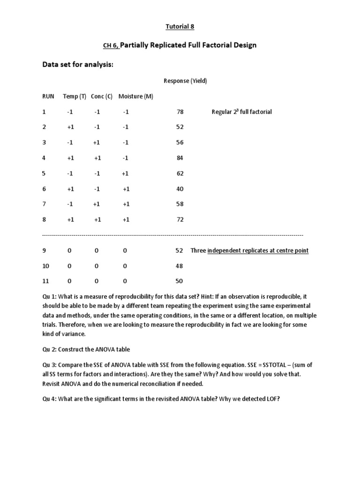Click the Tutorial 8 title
[x=180, y=27]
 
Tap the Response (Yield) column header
[x=185, y=81]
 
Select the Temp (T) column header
[x=75, y=97]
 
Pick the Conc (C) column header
[x=102, y=97]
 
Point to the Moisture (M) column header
[x=136, y=97]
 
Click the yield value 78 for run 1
[x=180, y=112]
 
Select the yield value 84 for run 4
[x=180, y=158]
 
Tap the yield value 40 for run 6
[x=180, y=189]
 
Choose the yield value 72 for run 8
[x=180, y=219]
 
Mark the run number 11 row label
[x=45, y=281]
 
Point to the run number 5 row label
[x=44, y=173]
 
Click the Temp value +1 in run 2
[x=70, y=127]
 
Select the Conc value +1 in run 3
[x=97, y=142]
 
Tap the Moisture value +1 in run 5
[x=126, y=173]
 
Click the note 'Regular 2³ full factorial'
[x=241, y=112]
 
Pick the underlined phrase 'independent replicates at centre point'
[x=258, y=251]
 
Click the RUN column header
[x=48, y=97]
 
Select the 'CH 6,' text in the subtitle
[x=111, y=46]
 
